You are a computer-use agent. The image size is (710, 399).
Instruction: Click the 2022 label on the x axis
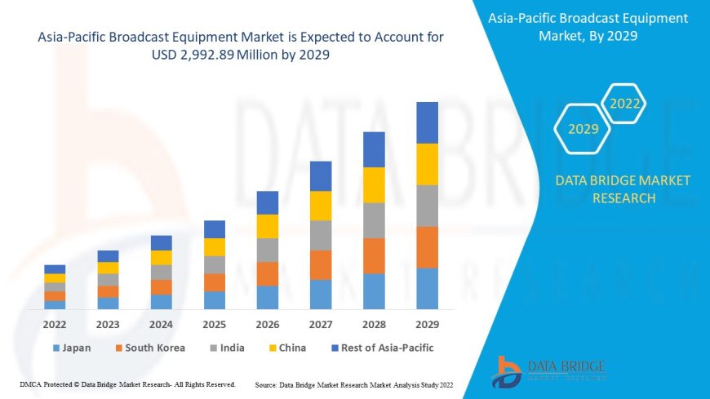(55, 324)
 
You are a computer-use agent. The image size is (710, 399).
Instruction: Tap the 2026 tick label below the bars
(268, 324)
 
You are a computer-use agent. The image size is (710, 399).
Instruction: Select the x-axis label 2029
(427, 324)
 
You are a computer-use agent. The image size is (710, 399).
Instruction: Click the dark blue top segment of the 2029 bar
(427, 122)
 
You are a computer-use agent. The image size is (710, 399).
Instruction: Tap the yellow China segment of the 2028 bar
(374, 184)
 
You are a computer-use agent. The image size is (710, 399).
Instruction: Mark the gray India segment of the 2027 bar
(321, 235)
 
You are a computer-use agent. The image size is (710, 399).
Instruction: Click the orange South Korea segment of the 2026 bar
(268, 273)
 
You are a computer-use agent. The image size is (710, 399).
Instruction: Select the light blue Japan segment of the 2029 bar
(427, 288)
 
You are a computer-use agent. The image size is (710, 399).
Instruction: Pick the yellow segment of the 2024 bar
(162, 257)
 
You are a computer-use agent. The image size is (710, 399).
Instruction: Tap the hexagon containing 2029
(584, 129)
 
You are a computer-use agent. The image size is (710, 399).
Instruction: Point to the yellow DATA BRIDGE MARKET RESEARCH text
(623, 189)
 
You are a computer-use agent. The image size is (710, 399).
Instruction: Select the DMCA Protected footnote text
(126, 383)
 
